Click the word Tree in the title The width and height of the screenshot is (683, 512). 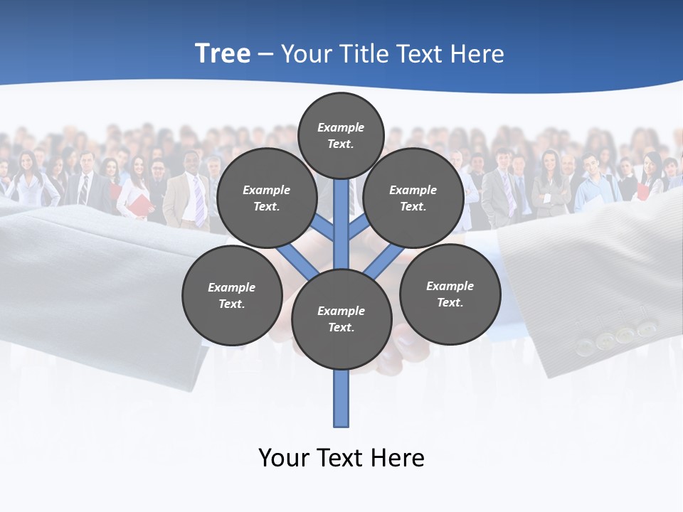click(223, 53)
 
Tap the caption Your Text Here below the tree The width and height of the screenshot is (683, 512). click(341, 458)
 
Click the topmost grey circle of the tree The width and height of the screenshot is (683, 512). click(341, 135)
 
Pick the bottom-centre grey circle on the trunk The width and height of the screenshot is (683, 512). click(341, 319)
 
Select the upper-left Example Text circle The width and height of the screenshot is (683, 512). click(266, 198)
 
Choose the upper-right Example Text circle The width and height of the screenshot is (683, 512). click(413, 198)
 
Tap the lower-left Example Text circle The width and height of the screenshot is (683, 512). click(232, 295)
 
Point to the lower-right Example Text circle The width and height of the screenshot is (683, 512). click(450, 294)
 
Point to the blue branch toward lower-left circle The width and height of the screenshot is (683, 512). click(299, 262)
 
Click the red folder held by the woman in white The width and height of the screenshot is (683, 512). click(141, 206)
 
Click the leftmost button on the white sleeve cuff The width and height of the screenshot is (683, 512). click(584, 346)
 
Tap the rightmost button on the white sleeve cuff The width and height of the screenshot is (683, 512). click(646, 329)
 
